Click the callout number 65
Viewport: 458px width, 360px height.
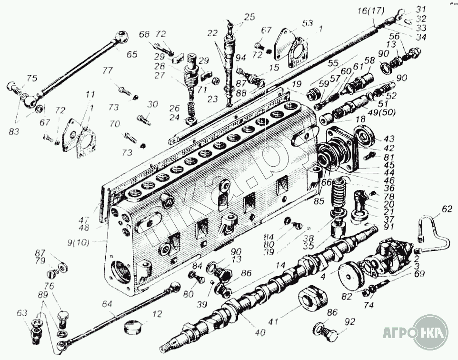tap(132, 54)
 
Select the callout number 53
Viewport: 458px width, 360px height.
tap(307, 23)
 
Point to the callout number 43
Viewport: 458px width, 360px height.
tap(389, 139)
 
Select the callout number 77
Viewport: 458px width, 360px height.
tap(108, 71)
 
